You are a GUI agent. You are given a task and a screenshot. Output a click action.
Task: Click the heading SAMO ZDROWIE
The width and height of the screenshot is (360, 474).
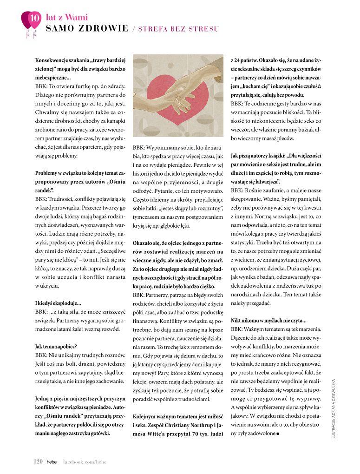87,29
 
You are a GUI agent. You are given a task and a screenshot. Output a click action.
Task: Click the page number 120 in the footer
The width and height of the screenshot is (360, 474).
39,461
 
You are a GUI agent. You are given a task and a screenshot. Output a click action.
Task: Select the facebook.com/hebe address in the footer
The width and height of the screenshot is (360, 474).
85,461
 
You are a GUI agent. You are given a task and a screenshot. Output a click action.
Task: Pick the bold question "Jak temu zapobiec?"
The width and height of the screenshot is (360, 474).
56,346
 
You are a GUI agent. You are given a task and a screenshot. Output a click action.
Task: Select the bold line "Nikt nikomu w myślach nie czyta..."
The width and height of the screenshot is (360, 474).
268,320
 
